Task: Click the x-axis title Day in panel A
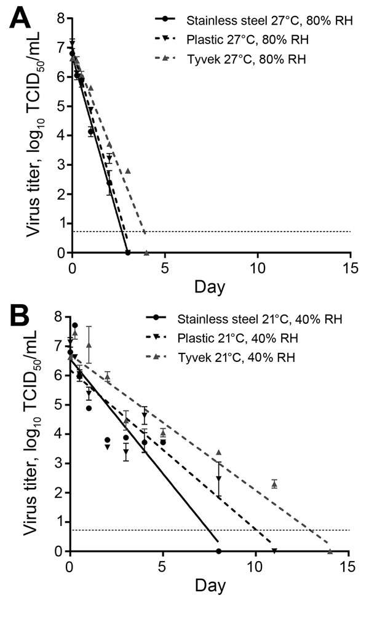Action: [x=211, y=286]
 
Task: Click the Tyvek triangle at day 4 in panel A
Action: [x=146, y=253]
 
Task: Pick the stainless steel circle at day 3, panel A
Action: [x=128, y=253]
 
